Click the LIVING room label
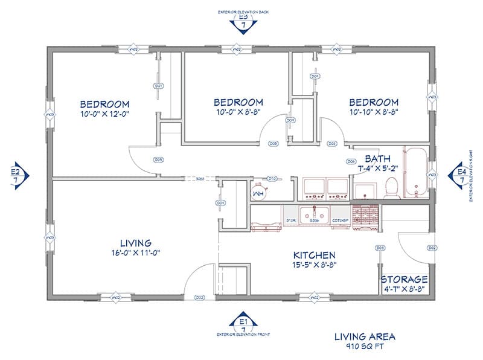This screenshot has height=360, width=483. tap(127, 243)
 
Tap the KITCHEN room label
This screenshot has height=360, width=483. tap(314, 256)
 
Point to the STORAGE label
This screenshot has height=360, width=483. tap(404, 280)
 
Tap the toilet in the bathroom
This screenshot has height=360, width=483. tap(390, 188)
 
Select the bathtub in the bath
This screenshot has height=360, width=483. tap(415, 173)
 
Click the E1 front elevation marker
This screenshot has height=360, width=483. tap(244, 321)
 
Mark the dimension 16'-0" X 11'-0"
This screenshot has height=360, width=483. tap(127, 252)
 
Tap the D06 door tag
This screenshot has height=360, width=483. tap(351, 162)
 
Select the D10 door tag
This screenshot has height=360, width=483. tap(272, 178)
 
